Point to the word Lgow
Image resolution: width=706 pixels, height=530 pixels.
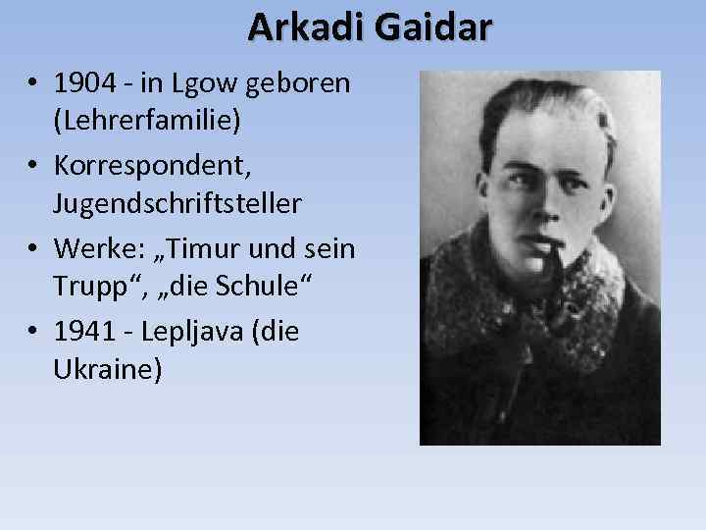click(x=198, y=83)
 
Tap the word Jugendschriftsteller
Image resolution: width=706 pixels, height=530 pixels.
click(x=177, y=203)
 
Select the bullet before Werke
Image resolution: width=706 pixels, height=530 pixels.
click(x=33, y=249)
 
